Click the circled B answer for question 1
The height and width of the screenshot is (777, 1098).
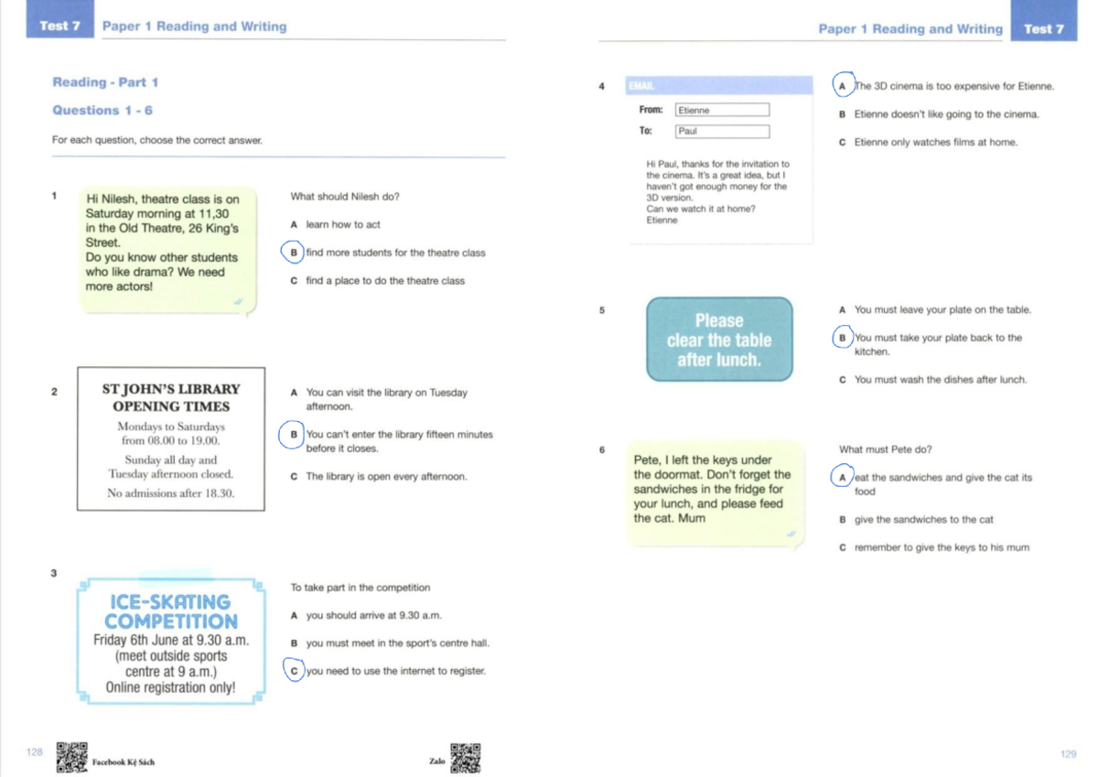293,253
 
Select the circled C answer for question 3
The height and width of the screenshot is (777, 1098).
293,671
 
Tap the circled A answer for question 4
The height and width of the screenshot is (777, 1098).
843,86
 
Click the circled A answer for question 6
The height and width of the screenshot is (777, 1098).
842,478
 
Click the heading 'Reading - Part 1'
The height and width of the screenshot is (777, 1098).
105,82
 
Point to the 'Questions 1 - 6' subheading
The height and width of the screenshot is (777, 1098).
102,110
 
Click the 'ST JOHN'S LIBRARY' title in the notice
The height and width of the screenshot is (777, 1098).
171,389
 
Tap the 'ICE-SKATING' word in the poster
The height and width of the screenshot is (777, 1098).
170,601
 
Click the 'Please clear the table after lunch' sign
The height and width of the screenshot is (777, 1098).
719,340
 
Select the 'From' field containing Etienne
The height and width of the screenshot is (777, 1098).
722,110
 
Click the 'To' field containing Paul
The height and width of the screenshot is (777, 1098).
722,131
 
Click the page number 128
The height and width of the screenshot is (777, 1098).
35,751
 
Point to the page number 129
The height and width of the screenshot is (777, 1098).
1068,753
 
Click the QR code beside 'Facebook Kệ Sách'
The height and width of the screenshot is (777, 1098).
71,757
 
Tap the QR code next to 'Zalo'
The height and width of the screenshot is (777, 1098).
466,757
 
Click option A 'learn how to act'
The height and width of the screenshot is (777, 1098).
342,224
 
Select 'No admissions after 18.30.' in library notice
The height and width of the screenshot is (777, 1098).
171,493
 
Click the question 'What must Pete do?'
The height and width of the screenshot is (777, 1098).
885,449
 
